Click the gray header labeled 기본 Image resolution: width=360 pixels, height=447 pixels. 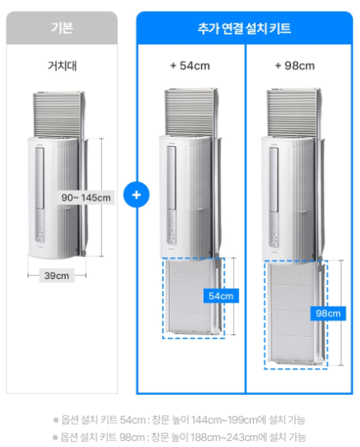(61, 28)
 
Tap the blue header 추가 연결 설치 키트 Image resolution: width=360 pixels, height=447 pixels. (245, 29)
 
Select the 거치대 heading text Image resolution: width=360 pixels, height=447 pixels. (62, 66)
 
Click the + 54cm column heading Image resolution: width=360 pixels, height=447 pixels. (190, 66)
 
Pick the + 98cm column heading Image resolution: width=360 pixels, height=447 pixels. (295, 66)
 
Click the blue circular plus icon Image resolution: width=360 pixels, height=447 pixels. (136, 195)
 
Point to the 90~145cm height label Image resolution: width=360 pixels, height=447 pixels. (86, 197)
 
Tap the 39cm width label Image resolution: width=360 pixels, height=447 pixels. (56, 276)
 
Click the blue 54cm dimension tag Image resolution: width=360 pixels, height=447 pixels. (221, 296)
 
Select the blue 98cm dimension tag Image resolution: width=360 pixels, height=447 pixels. (328, 313)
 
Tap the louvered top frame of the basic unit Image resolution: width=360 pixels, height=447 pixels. (59, 114)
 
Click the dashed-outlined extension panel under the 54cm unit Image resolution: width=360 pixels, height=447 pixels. (193, 298)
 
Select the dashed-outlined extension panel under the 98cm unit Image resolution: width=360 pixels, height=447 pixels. (296, 314)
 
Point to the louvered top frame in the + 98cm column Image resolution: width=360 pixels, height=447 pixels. (294, 113)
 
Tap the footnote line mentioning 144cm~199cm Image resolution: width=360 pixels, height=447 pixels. (179, 419)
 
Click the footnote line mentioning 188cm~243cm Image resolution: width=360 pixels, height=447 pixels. (179, 437)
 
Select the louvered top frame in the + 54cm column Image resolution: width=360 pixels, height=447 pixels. (191, 112)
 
